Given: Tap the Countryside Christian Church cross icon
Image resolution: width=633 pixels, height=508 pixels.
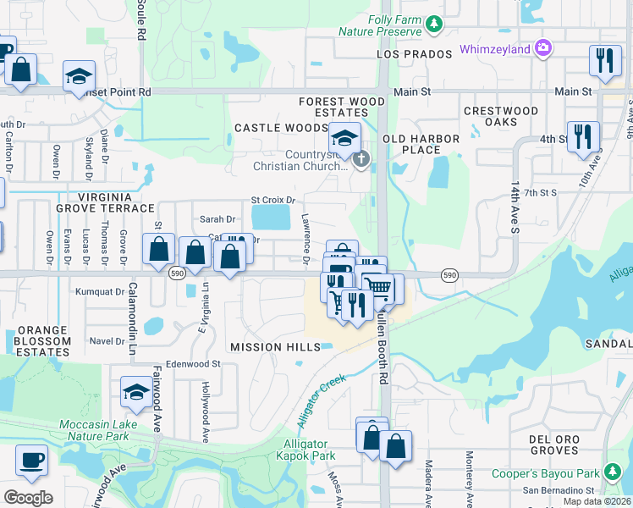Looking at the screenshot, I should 361,158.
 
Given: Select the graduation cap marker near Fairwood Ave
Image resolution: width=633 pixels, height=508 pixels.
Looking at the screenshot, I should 136,391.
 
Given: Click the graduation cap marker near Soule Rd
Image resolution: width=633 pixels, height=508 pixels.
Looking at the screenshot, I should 77,75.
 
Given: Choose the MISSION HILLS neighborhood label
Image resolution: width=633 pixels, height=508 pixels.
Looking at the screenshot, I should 275,347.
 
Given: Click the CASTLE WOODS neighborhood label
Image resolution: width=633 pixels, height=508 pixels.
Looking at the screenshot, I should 280,128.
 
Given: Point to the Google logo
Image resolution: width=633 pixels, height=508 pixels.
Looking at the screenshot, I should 28,498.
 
